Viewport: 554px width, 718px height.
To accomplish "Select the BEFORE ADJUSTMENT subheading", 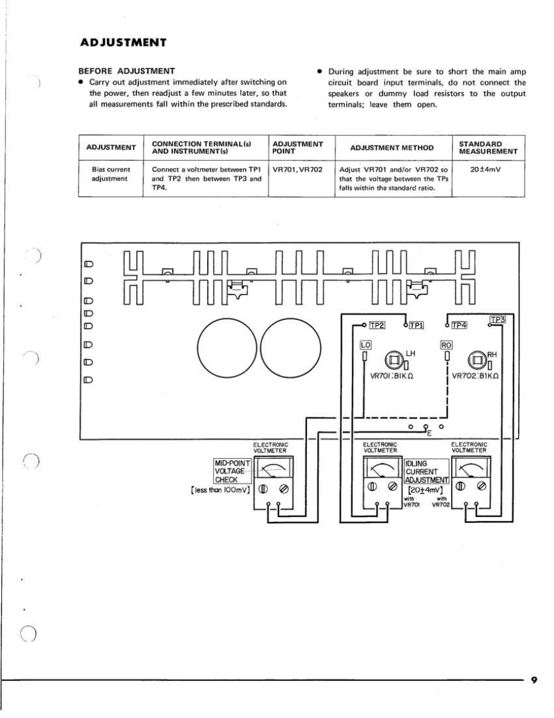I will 126,70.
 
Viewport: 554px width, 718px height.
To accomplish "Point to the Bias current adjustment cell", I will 111,173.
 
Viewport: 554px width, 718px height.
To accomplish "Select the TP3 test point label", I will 498,319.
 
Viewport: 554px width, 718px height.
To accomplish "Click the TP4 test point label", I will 459,326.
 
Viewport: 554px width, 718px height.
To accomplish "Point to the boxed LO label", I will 365,344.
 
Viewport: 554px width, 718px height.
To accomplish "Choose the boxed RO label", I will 447,344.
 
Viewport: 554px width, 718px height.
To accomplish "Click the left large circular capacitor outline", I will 228,349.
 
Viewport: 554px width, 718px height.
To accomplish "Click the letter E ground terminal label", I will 429,435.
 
